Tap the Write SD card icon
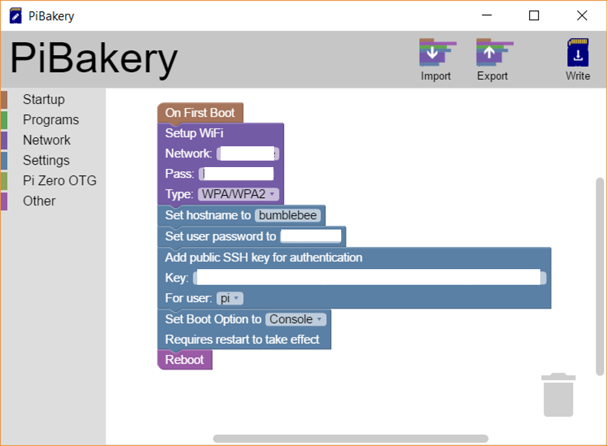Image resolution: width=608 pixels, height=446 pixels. click(x=577, y=53)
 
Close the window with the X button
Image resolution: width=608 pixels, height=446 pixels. click(x=582, y=16)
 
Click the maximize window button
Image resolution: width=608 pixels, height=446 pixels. click(x=534, y=16)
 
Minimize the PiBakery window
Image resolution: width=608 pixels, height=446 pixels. click(x=486, y=16)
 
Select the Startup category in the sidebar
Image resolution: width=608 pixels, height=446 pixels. click(x=44, y=99)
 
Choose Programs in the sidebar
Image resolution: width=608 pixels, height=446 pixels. click(x=51, y=120)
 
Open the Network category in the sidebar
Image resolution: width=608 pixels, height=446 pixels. click(x=47, y=140)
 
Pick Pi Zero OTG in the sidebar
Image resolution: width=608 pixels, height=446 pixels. click(x=60, y=181)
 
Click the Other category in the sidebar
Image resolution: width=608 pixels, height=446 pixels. click(x=39, y=201)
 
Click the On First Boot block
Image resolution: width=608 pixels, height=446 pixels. click(x=200, y=112)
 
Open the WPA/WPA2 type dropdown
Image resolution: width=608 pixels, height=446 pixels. click(x=238, y=194)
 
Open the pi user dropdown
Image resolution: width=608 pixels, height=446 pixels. click(x=230, y=298)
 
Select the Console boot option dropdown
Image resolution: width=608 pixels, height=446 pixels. click(x=296, y=319)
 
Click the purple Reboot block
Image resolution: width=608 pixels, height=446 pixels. click(x=184, y=360)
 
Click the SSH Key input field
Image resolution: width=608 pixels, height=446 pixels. click(x=368, y=278)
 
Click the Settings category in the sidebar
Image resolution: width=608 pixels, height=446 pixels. click(x=46, y=161)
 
